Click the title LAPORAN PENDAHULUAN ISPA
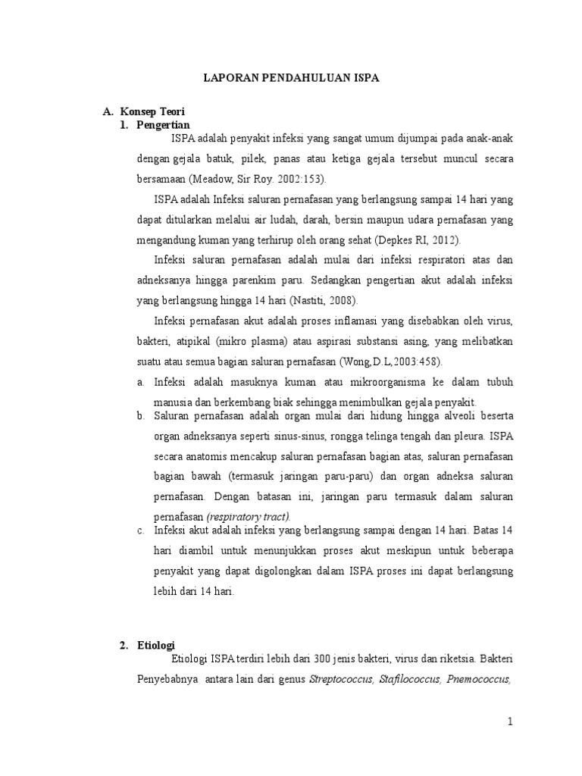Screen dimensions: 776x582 tap(291, 77)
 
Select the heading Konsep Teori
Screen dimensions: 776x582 tap(158, 111)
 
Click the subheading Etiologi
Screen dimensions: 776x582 tap(155, 645)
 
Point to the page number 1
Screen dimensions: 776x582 tap(511, 722)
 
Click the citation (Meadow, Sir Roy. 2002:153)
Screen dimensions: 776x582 tap(255, 179)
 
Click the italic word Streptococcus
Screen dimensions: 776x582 tap(339, 677)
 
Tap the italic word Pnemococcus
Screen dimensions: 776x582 tap(480, 677)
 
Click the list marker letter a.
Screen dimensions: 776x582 tap(140, 381)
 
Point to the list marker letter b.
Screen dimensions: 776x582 tap(140, 416)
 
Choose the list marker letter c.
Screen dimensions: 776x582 tap(140, 530)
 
